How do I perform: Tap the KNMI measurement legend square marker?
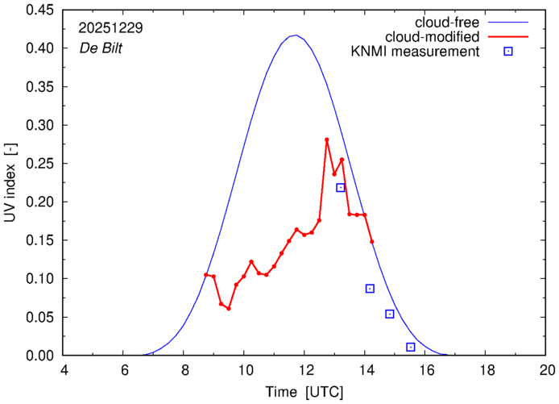[x=508, y=52]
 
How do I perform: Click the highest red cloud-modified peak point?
[x=327, y=140]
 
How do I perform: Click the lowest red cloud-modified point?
[x=229, y=308]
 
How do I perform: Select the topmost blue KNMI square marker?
[x=341, y=188]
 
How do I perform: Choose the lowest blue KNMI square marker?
[x=411, y=347]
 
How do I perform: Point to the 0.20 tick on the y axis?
[x=42, y=202]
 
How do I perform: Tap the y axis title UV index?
[x=11, y=182]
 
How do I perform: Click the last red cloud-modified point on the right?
[x=372, y=241]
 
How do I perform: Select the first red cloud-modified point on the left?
[x=206, y=275]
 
